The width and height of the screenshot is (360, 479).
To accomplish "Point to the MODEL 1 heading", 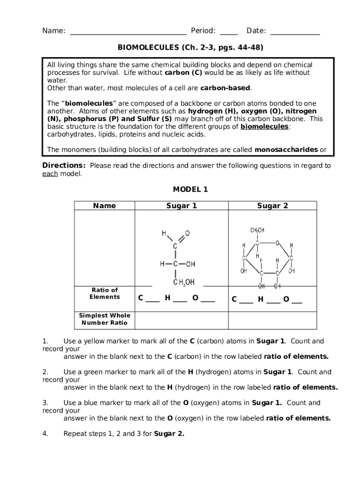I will click(190, 189).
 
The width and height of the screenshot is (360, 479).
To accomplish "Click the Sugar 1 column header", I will click(181, 206).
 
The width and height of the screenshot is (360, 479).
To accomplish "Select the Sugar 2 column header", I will click(272, 206).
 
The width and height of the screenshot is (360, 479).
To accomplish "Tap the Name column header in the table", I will click(105, 206).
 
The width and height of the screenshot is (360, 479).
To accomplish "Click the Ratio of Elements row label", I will click(105, 293).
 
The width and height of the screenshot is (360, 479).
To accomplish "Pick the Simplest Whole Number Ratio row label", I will click(105, 319).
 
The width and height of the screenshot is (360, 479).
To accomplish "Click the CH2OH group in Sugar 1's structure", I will click(183, 282).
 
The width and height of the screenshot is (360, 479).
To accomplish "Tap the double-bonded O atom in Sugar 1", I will click(187, 233).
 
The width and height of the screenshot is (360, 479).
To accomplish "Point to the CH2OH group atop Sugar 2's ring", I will click(257, 230).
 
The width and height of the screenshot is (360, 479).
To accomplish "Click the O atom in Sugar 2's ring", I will click(277, 243).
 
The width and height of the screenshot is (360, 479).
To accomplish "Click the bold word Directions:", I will click(64, 166).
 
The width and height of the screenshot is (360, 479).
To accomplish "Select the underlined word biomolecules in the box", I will click(264, 127).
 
